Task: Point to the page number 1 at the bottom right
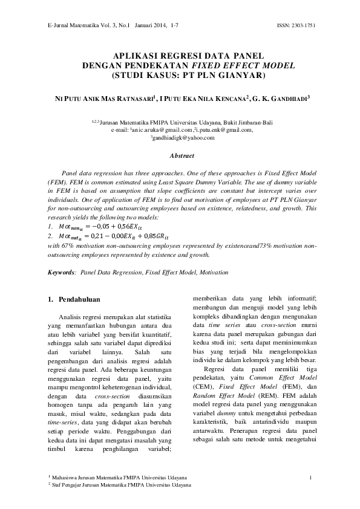click(x=310, y=479)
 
